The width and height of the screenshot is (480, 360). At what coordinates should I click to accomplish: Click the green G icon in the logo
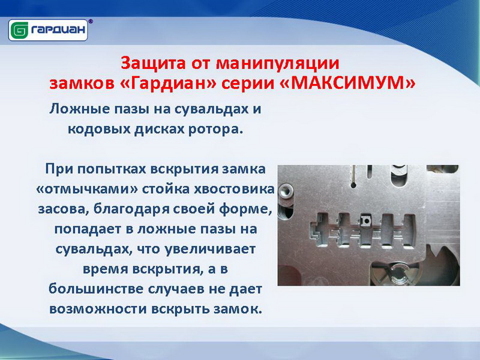tap(19, 31)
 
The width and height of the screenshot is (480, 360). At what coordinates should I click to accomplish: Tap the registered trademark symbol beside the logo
tap(91, 22)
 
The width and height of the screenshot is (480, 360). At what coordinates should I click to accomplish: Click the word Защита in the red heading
tap(153, 63)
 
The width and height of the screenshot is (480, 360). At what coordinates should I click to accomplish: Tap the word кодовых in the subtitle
tap(98, 129)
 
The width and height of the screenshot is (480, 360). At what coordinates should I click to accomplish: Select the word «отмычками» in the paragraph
tap(86, 190)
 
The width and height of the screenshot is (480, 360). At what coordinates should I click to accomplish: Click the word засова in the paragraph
tap(64, 209)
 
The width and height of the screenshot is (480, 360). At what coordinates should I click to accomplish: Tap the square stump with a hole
tap(365, 221)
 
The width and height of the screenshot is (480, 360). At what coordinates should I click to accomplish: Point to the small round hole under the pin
tap(353, 185)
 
